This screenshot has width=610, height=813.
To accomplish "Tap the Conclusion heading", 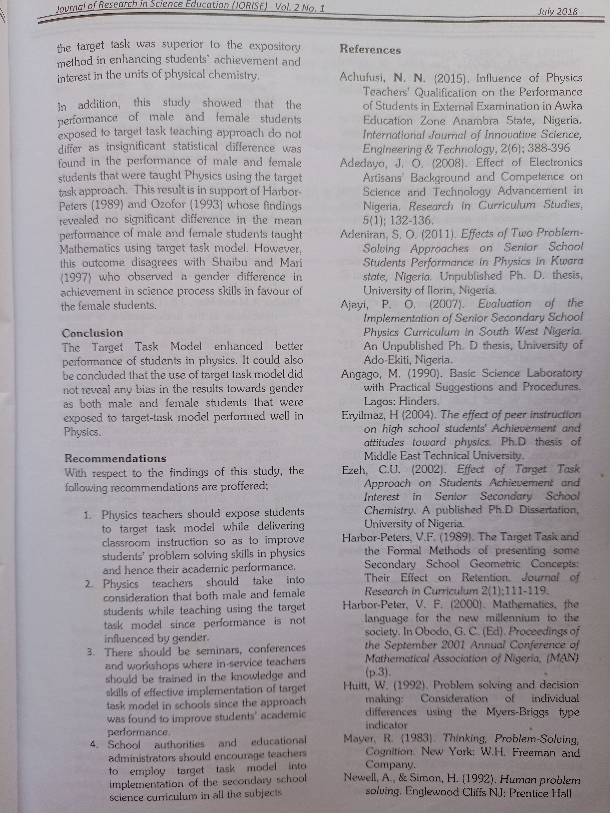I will [x=92, y=333].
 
